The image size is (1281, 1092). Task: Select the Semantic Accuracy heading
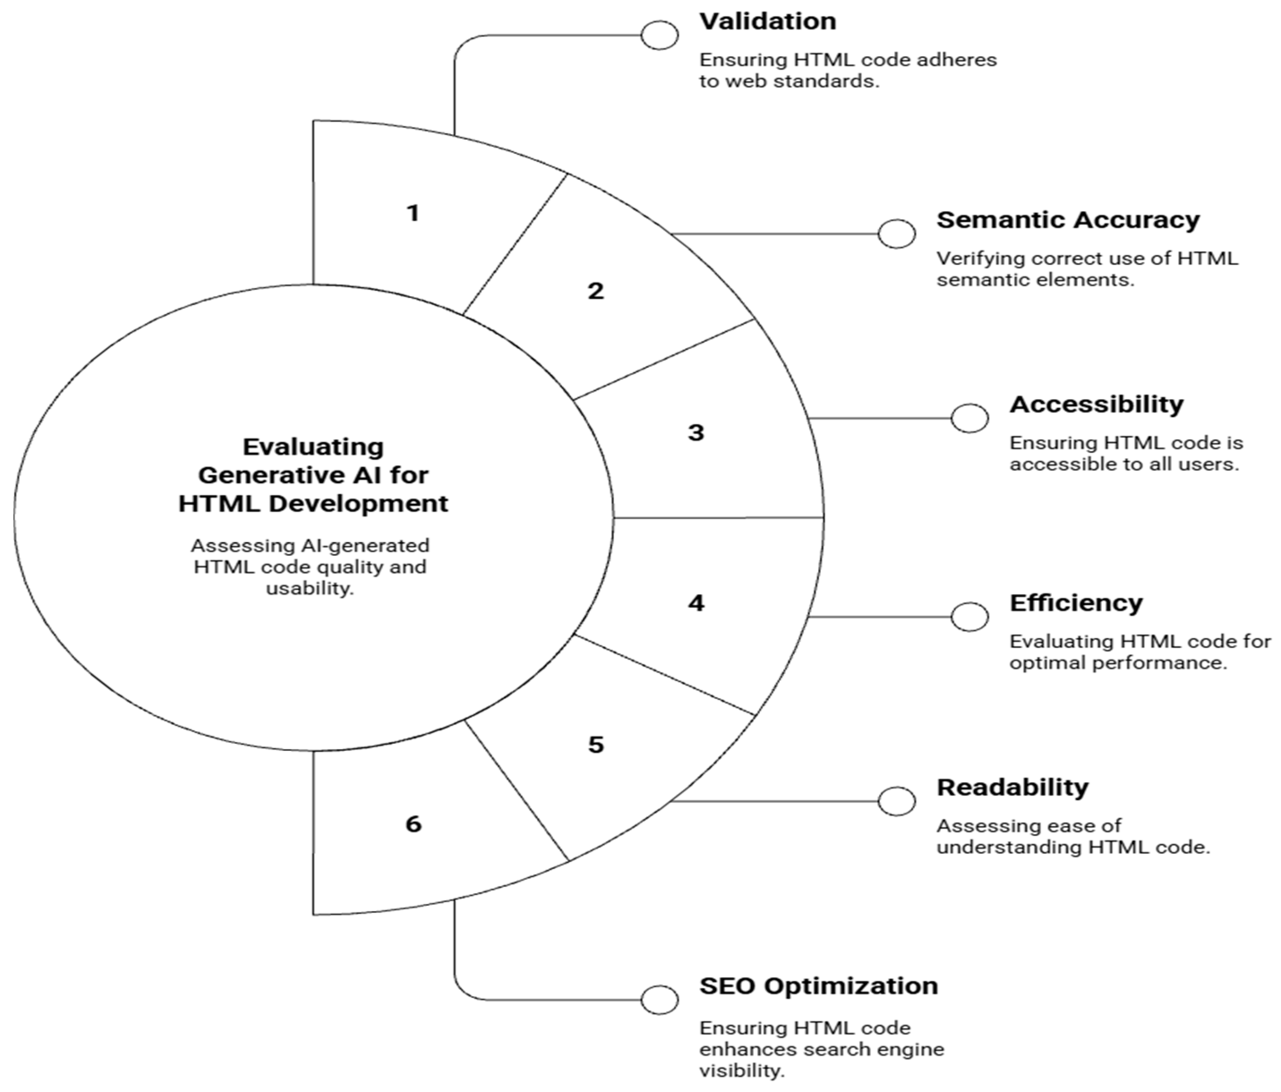1067,220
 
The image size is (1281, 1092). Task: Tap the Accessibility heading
1096,405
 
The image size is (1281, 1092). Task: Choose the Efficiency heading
1076,603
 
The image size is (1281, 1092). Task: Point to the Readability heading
1012,787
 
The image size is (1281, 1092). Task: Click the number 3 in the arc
696,433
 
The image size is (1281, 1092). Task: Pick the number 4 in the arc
696,603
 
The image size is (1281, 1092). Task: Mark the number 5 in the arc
595,745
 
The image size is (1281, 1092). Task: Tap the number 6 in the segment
413,823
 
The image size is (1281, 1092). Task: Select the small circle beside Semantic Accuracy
897,234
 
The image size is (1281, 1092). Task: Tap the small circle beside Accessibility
969,418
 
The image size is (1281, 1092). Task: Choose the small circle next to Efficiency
969,617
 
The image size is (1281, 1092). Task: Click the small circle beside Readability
897,802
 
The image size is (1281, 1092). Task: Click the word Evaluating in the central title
313,447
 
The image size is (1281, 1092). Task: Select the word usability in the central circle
309,588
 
